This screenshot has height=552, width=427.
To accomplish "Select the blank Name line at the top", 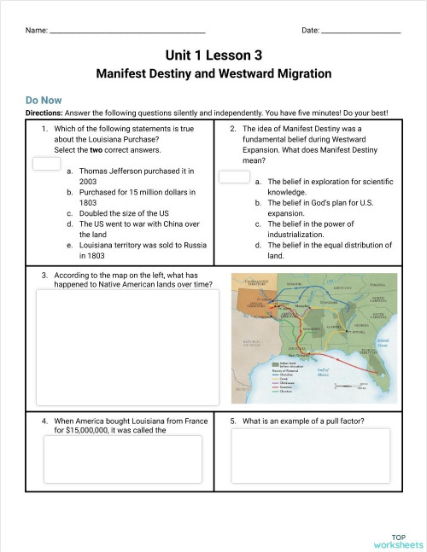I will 127,32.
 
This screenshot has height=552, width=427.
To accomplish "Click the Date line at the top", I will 361,32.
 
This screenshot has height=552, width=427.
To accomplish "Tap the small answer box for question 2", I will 234,177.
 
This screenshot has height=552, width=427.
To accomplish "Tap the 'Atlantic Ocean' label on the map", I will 383,340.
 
